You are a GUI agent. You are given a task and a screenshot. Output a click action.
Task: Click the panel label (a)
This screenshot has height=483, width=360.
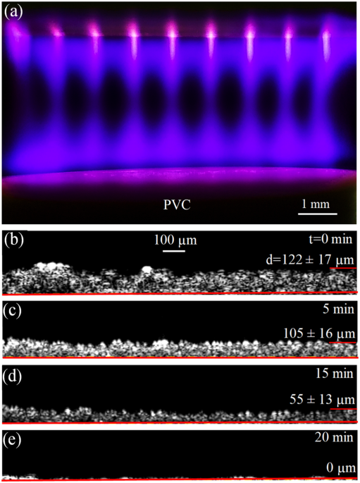15,13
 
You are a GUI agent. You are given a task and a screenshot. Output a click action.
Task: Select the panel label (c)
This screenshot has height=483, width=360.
15,310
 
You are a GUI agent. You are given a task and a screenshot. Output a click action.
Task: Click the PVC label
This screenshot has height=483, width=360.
177,205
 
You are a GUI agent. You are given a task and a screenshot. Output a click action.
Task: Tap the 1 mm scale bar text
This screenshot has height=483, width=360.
315,204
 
